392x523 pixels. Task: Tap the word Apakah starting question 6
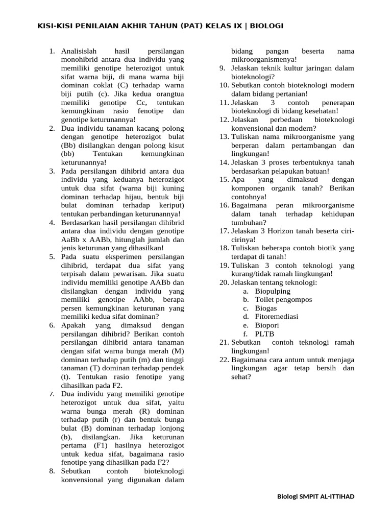click(x=73, y=325)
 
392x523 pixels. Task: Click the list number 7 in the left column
click(x=52, y=394)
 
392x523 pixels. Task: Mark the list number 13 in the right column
click(x=224, y=136)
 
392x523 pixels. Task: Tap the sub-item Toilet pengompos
click(x=283, y=299)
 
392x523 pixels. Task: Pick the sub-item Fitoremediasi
click(x=277, y=317)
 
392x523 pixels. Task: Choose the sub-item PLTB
click(x=265, y=334)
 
